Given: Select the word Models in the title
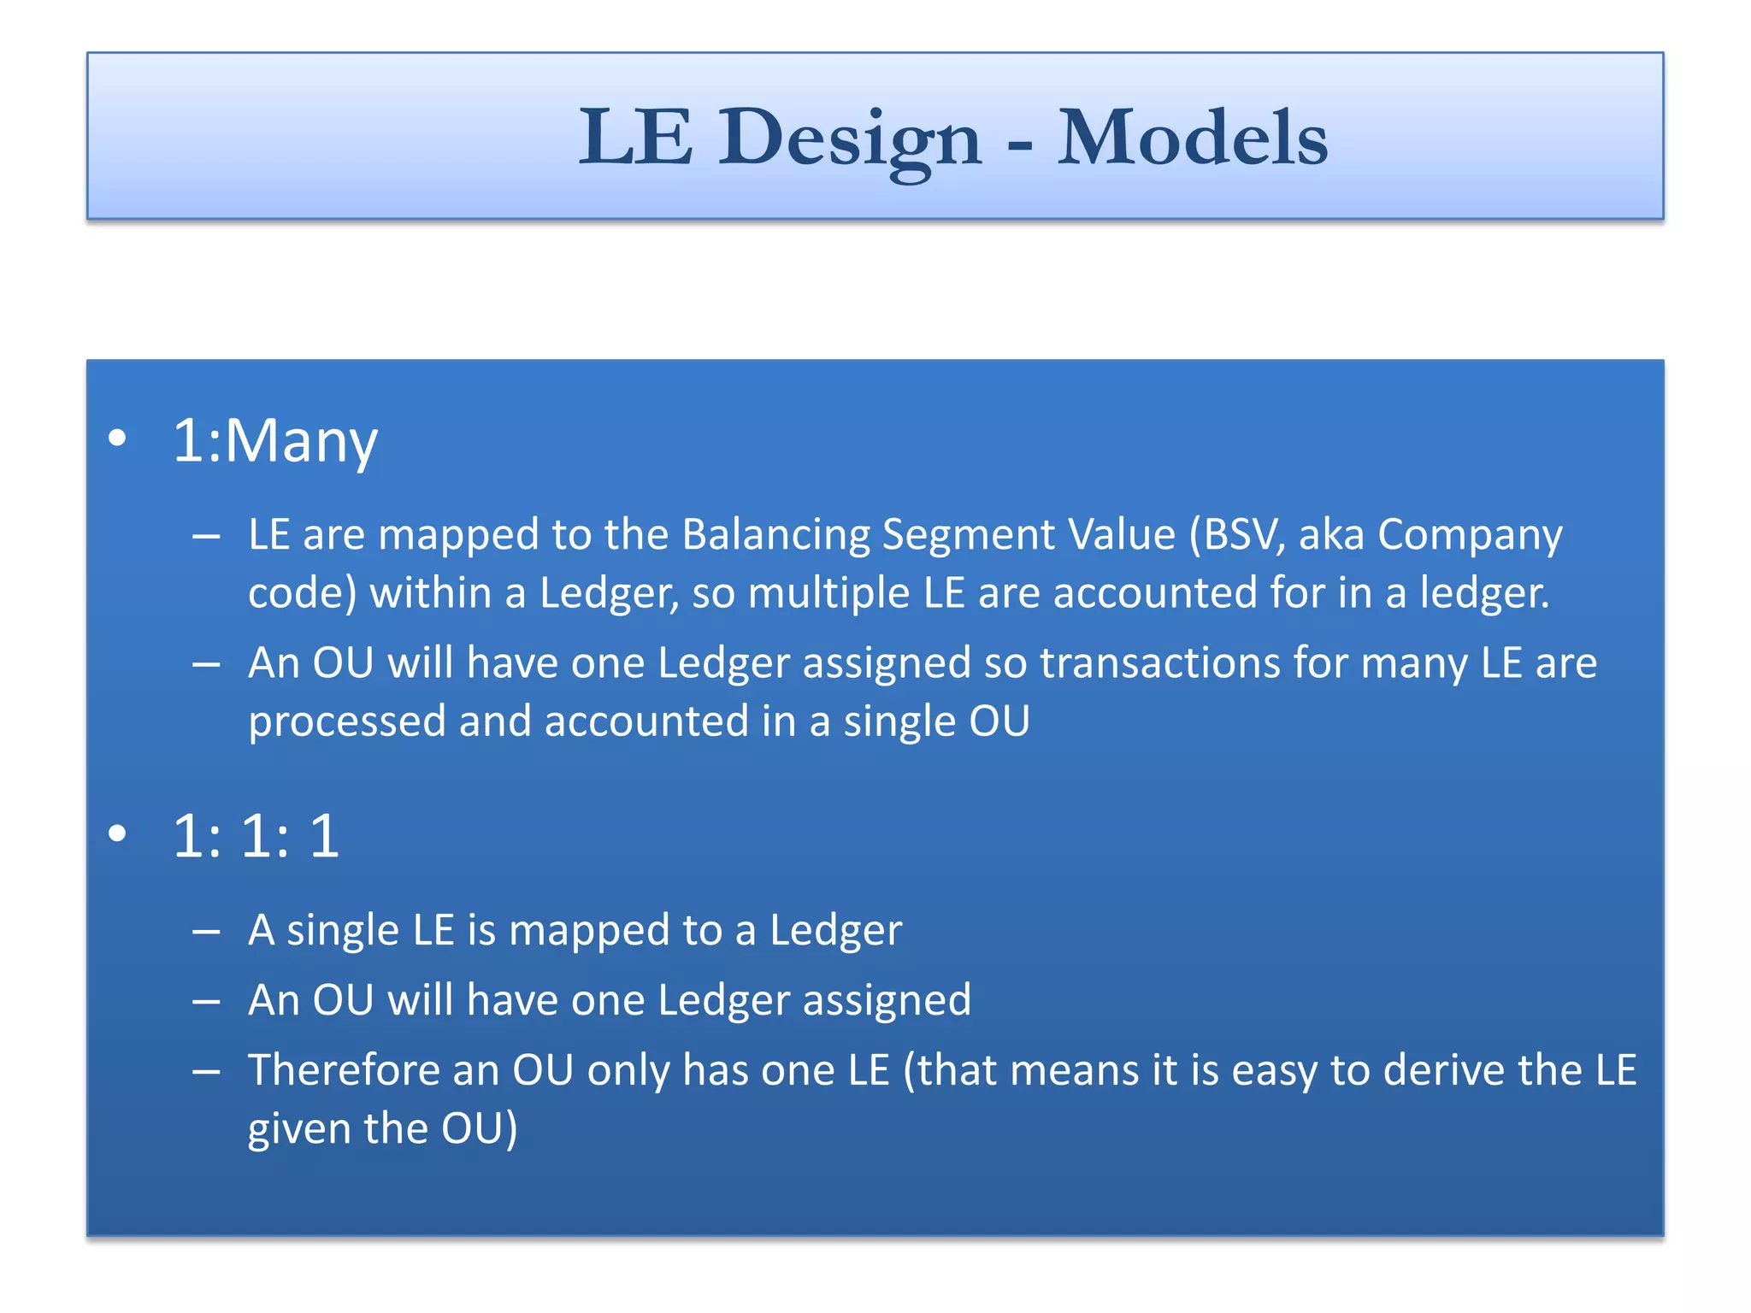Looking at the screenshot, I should pyautogui.click(x=1192, y=138).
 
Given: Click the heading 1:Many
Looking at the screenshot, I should pyautogui.click(x=274, y=441).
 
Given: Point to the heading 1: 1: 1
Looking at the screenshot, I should pyautogui.click(x=256, y=835).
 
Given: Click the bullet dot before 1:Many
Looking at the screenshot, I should pyautogui.click(x=118, y=439).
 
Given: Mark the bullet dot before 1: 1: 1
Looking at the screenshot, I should pyautogui.click(x=118, y=833).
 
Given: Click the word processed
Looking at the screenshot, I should pyautogui.click(x=346, y=721).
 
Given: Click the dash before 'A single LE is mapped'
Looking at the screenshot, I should pyautogui.click(x=206, y=931).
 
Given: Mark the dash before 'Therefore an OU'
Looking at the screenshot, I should pyautogui.click(x=206, y=1071).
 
